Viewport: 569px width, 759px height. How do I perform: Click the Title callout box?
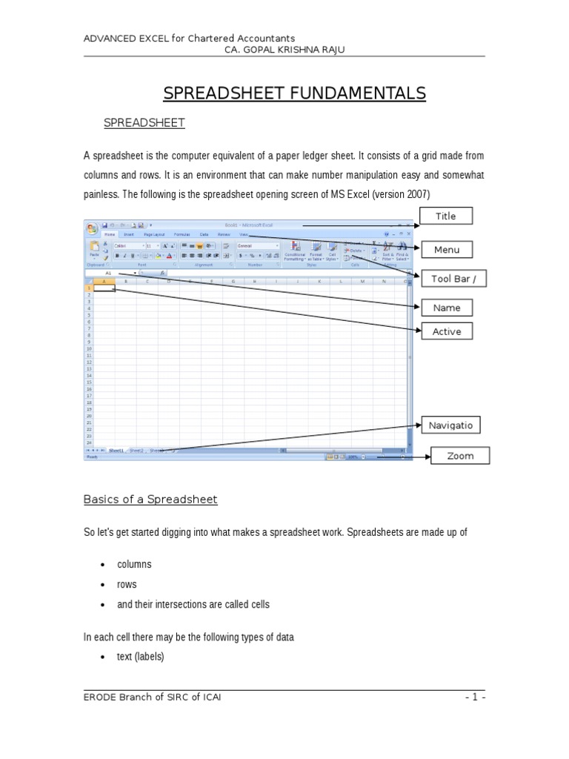tap(445, 216)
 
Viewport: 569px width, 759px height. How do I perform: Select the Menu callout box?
tap(446, 250)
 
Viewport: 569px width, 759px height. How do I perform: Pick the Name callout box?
tap(446, 308)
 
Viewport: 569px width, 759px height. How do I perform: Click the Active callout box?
tap(446, 331)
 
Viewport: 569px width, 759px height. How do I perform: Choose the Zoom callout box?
tap(460, 456)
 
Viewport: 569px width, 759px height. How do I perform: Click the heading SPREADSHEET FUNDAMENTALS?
tap(294, 93)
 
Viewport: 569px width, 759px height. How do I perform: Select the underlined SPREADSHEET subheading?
tap(144, 123)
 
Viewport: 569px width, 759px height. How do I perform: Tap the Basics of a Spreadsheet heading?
tap(150, 500)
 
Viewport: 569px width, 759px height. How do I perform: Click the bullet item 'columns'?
tap(134, 564)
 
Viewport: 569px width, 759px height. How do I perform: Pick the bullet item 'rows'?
tap(127, 584)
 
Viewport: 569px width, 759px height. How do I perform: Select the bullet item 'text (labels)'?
tap(141, 657)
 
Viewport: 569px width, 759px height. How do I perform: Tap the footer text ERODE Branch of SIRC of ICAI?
tap(152, 697)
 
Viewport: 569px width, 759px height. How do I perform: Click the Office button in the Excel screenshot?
tap(91, 228)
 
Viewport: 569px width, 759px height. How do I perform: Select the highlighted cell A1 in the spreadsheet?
tap(104, 288)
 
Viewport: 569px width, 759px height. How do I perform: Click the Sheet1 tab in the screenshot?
tap(116, 450)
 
